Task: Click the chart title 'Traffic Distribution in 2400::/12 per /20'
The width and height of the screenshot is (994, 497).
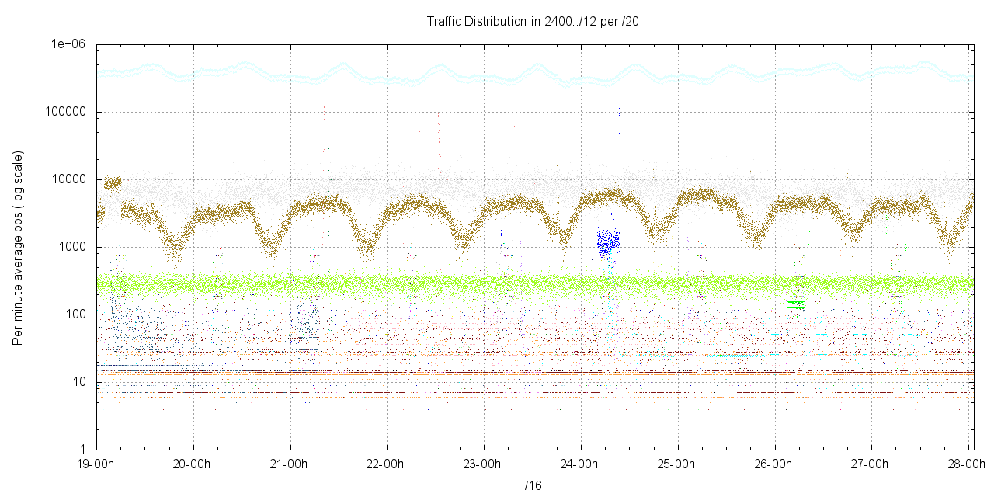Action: click(533, 21)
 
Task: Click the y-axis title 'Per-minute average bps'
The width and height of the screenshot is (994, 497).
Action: click(17, 248)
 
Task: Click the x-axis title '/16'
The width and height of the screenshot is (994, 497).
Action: click(533, 486)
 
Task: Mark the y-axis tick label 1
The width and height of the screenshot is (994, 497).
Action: click(84, 450)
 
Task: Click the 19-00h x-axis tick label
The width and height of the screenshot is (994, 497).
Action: click(96, 464)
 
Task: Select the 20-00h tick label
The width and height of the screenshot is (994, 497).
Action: click(193, 464)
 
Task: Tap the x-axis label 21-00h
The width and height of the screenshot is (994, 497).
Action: click(290, 464)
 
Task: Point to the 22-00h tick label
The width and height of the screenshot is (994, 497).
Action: click(388, 464)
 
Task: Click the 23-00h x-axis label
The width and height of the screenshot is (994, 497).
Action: click(484, 464)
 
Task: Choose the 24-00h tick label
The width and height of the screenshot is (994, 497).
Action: click(581, 464)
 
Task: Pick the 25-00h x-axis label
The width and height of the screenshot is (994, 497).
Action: click(678, 464)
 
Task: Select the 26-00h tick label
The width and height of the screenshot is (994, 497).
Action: click(774, 464)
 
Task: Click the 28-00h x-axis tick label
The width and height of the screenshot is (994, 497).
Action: click(968, 464)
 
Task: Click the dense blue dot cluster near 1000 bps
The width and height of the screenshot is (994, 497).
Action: click(608, 244)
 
